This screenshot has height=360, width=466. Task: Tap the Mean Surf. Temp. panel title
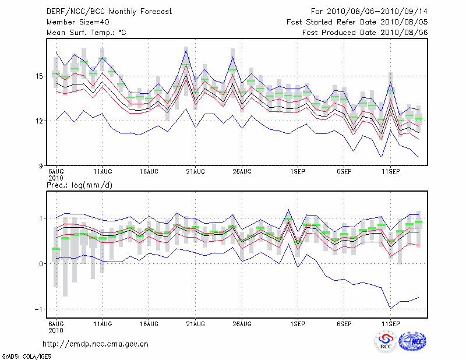[86, 33]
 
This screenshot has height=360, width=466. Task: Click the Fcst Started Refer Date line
[357, 22]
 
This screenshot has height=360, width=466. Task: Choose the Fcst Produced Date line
[365, 33]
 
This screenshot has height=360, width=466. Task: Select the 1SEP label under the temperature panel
[298, 172]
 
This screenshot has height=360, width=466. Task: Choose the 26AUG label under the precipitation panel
[242, 323]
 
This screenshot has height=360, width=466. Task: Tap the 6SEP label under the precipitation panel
[344, 323]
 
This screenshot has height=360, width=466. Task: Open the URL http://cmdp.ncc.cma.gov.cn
[96, 344]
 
